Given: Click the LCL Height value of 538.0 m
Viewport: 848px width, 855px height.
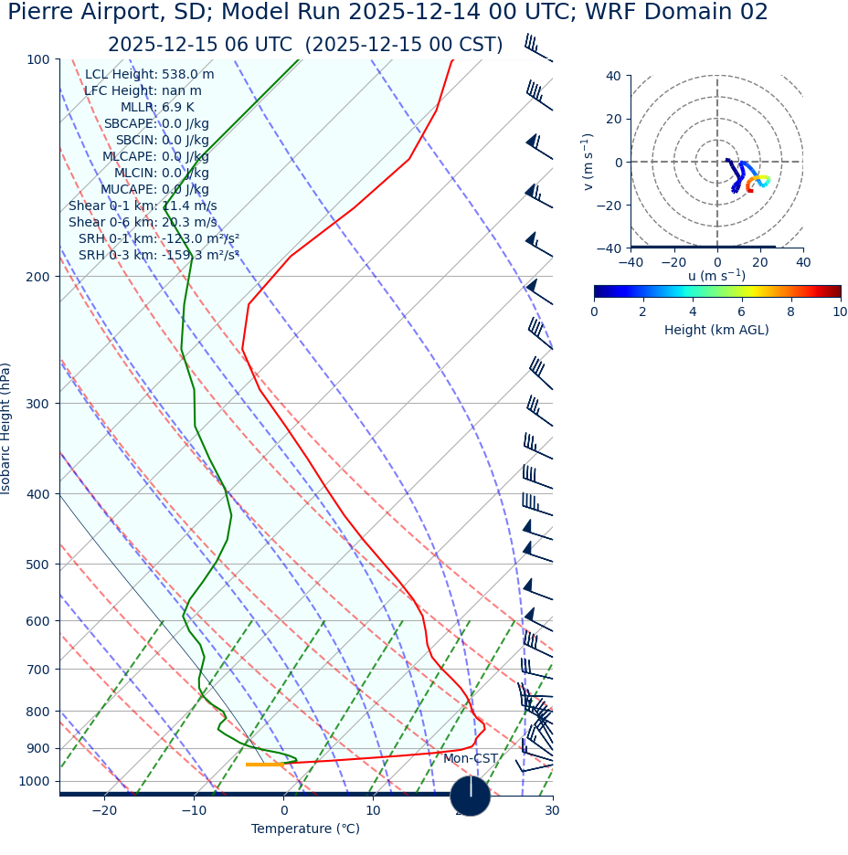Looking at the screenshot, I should [x=150, y=75].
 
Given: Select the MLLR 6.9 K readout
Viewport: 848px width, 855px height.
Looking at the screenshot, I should [x=157, y=108].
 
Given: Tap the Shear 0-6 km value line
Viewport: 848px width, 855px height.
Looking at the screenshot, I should [x=143, y=223].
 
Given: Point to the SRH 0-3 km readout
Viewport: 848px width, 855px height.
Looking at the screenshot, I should [x=159, y=256].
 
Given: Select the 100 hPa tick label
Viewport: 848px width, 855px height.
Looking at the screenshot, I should [x=38, y=59].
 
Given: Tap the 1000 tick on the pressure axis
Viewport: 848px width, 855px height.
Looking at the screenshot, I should [x=35, y=781].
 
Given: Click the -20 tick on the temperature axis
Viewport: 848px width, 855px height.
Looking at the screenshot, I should [x=104, y=811].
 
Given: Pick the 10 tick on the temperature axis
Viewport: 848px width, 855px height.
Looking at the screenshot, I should [x=373, y=811].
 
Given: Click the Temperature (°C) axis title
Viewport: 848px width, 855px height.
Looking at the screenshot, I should [x=305, y=829].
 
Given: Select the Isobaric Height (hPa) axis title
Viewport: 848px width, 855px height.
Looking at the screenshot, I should [x=7, y=428].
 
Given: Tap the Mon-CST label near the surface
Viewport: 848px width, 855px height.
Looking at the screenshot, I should [x=471, y=759].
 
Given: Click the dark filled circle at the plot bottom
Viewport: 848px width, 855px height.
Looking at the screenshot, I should [x=471, y=796].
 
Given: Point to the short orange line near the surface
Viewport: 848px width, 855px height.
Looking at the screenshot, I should [x=264, y=765].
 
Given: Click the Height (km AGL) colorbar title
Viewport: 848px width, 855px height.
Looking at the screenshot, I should [x=716, y=331].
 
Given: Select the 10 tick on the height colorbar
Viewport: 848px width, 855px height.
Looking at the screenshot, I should [x=839, y=312].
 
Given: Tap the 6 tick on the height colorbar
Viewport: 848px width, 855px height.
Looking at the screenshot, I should [x=741, y=312].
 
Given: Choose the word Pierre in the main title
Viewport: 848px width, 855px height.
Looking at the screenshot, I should [x=43, y=13].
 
